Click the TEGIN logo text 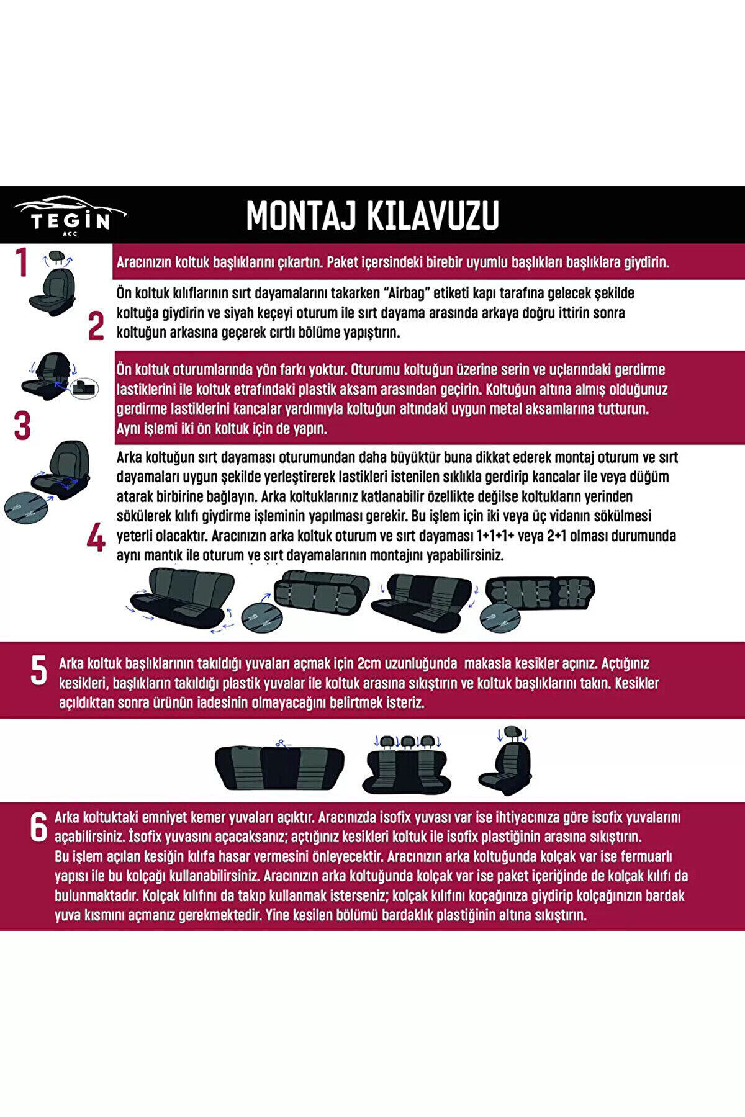click(71, 222)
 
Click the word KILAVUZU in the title click(437, 216)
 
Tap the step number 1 click(22, 262)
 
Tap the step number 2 click(96, 326)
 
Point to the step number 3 click(22, 426)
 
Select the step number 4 click(96, 537)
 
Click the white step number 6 click(38, 828)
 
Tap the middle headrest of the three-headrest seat click(407, 740)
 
